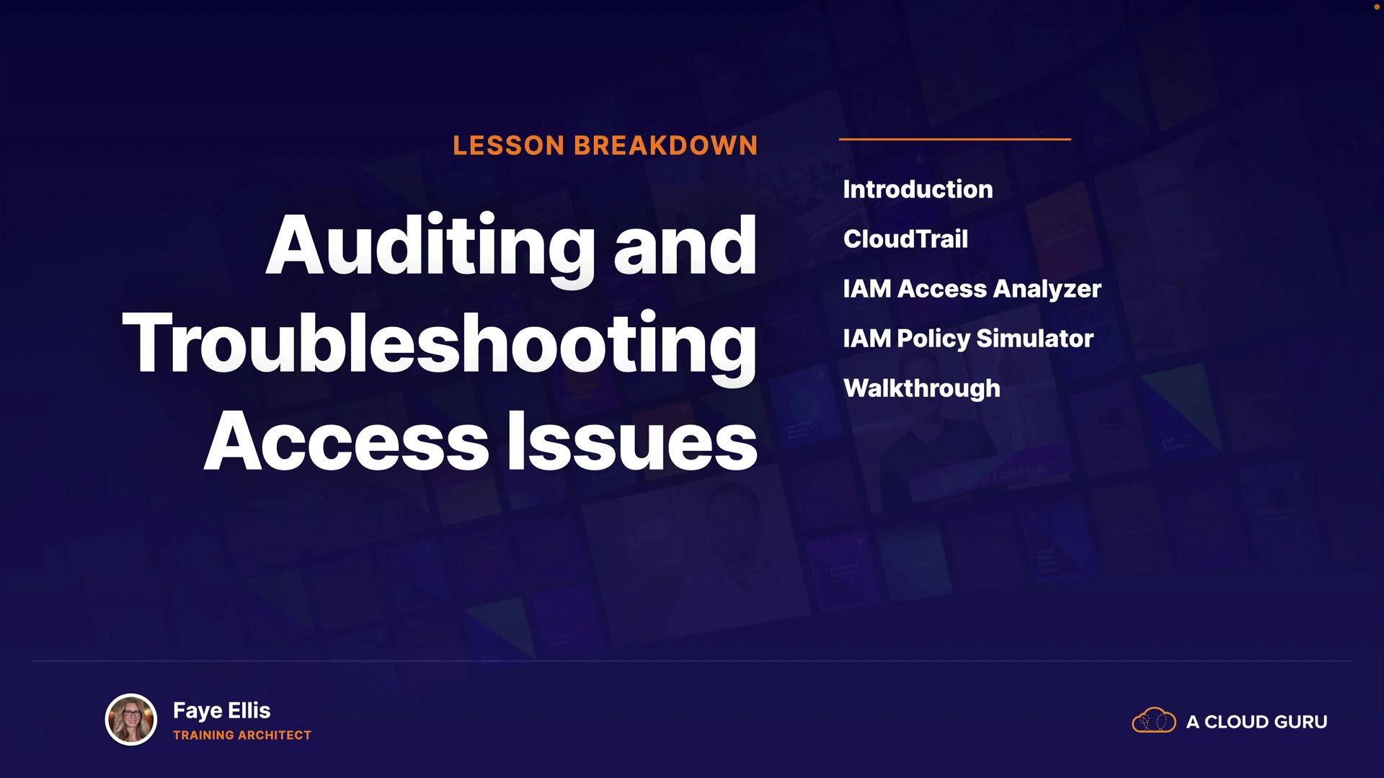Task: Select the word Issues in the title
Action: pyautogui.click(x=632, y=441)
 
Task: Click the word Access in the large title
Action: pyautogui.click(x=347, y=441)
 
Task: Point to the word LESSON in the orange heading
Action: pyautogui.click(x=509, y=146)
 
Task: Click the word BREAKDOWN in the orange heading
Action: pyautogui.click(x=666, y=146)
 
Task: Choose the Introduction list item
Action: pyautogui.click(x=918, y=189)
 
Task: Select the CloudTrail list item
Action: pyautogui.click(x=905, y=239)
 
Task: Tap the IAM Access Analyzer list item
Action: pyautogui.click(x=972, y=290)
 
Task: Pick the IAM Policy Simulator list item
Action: pyautogui.click(x=968, y=339)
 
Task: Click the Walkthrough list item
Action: pyautogui.click(x=922, y=389)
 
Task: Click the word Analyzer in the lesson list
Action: pyautogui.click(x=1047, y=290)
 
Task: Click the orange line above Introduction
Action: pyautogui.click(x=955, y=139)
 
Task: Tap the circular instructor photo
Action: pyautogui.click(x=131, y=719)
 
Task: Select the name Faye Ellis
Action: pyautogui.click(x=222, y=711)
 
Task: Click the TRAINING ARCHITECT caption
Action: pyautogui.click(x=242, y=735)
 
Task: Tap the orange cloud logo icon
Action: pyautogui.click(x=1154, y=720)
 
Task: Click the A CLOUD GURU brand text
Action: pyautogui.click(x=1256, y=722)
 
